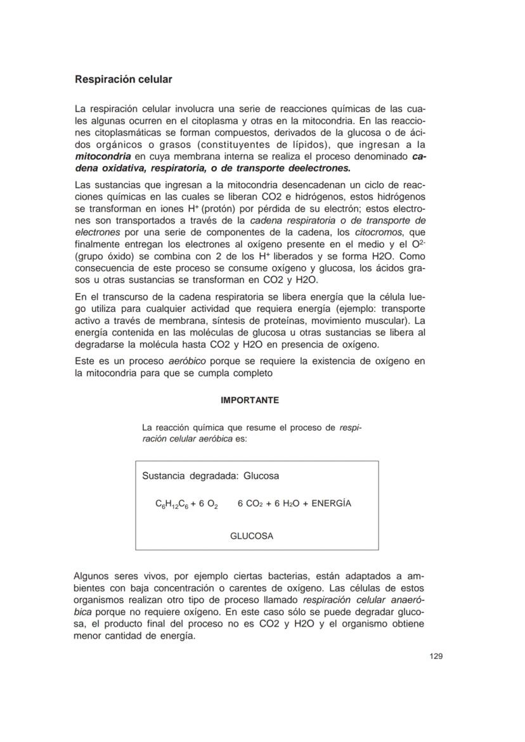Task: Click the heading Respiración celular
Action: pos(124,80)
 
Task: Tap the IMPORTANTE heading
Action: pos(249,400)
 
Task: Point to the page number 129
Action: pos(436,656)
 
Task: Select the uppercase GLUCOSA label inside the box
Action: pos(252,536)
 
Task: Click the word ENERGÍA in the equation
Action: pos(331,504)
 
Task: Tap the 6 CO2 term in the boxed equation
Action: pos(250,504)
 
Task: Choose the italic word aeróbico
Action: pos(188,361)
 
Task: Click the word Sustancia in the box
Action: pos(164,476)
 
